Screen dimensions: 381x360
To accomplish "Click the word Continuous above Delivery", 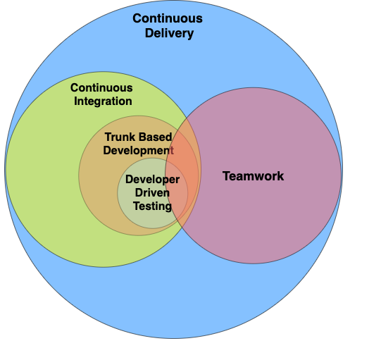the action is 168,18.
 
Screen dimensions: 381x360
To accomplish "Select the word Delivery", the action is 169,33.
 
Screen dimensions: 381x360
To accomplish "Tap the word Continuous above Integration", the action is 101,88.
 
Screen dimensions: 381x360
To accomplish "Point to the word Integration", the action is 103,101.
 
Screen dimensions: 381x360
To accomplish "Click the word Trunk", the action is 118,137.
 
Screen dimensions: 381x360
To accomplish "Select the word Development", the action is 139,151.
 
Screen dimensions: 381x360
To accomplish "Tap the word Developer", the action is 152,180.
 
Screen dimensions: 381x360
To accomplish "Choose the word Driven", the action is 152,193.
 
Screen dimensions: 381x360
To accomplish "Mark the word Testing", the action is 152,206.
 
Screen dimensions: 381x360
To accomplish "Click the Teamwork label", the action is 254,176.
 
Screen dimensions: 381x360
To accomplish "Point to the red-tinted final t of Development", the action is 172,151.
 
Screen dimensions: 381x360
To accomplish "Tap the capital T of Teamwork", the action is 227,176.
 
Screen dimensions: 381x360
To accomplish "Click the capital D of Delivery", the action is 149,33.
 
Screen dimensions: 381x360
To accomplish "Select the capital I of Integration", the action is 75,101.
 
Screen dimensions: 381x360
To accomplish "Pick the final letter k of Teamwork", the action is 281,176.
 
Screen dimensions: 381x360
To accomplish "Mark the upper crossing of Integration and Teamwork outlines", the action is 187,118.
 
